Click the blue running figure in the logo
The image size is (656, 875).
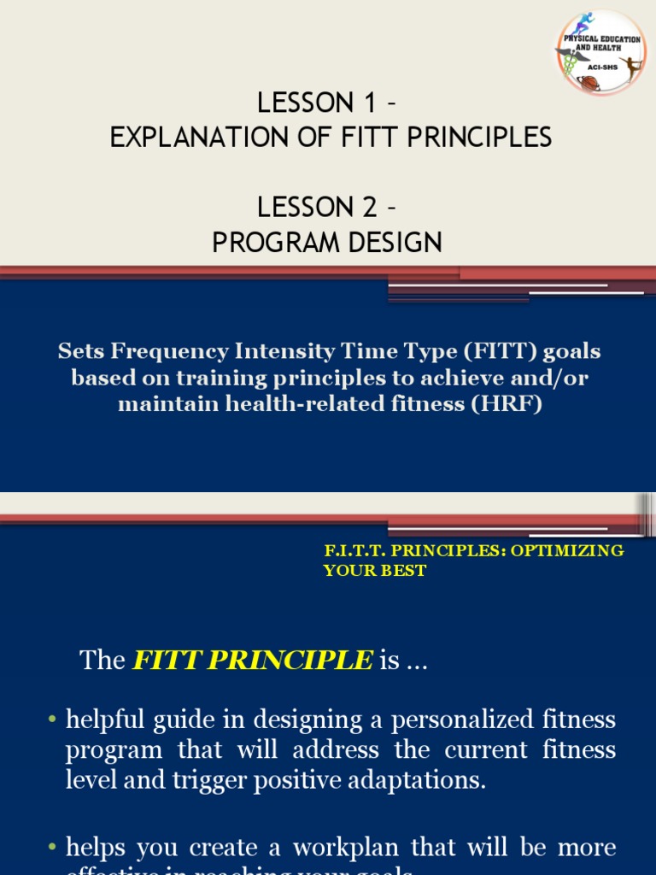(x=586, y=23)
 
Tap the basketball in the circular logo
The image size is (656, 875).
(x=589, y=83)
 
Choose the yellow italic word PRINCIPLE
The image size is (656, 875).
(x=313, y=660)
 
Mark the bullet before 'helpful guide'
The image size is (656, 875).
(x=53, y=720)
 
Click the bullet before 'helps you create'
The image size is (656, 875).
(x=53, y=848)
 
